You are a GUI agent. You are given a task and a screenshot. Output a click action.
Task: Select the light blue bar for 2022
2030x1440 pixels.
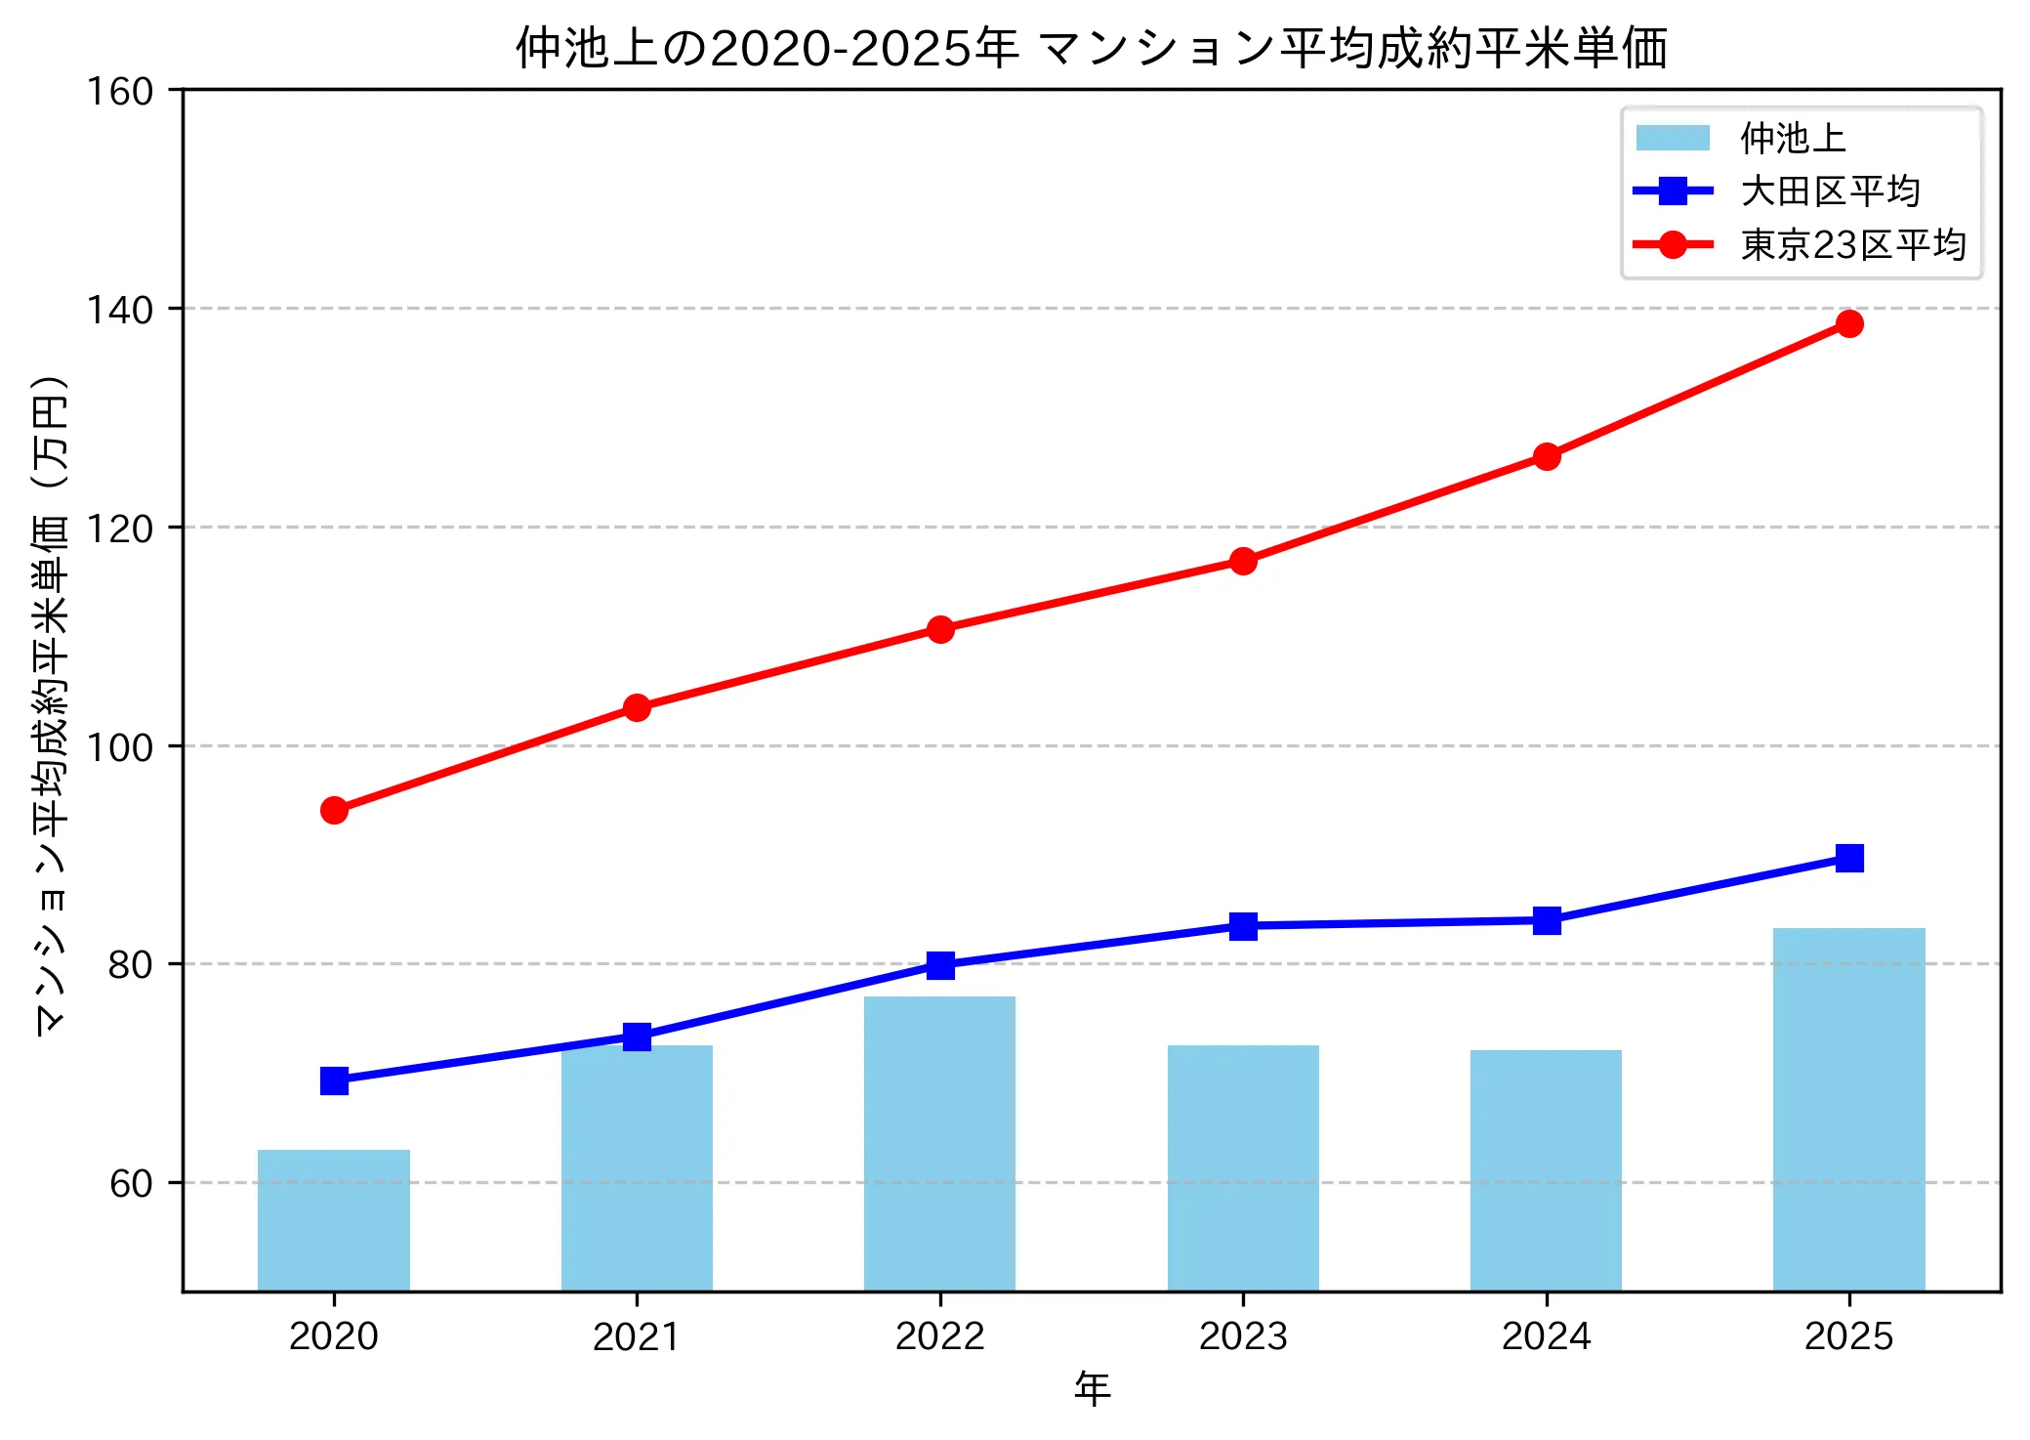(939, 1143)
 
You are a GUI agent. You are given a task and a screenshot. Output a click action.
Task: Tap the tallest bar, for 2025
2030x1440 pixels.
(1848, 1109)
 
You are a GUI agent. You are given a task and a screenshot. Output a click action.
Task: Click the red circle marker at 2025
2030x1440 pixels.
(1848, 323)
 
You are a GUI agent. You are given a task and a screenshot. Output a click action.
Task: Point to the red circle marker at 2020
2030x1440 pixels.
(334, 810)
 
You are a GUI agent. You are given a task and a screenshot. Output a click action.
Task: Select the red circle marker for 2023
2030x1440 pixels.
(1243, 561)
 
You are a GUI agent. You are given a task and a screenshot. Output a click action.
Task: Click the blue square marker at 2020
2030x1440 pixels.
(334, 1080)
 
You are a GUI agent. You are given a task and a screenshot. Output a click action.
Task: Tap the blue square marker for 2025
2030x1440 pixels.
(1848, 858)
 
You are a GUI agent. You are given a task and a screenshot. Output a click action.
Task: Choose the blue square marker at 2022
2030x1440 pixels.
(940, 965)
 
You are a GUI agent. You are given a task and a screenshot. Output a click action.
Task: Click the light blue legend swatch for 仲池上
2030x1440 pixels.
(1673, 138)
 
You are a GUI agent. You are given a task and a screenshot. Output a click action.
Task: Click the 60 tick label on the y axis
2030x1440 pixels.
(131, 1183)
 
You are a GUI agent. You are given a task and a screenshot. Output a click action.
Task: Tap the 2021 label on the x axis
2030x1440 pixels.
(637, 1335)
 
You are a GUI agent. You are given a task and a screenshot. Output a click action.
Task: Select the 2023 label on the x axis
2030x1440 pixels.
(1243, 1335)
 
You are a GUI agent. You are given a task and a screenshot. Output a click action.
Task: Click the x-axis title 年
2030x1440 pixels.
(1092, 1388)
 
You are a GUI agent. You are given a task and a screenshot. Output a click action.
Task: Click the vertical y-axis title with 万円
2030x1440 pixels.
(51, 703)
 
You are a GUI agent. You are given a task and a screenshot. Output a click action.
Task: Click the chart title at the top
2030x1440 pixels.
(1091, 47)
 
